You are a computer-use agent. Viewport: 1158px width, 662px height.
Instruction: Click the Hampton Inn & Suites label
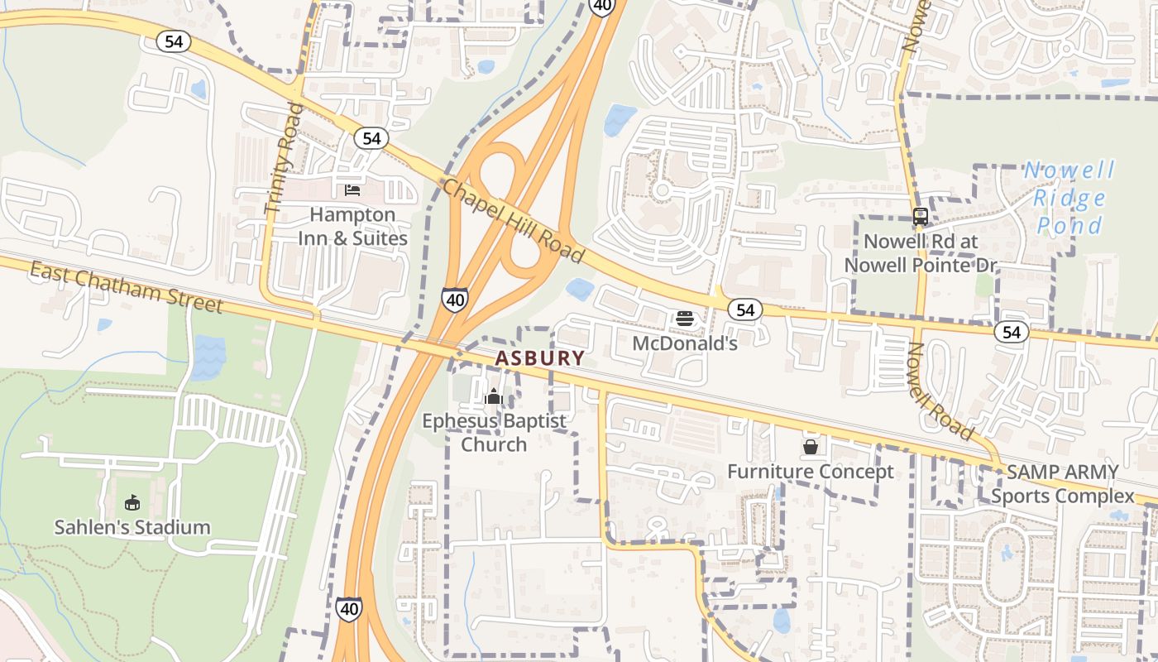click(x=358, y=227)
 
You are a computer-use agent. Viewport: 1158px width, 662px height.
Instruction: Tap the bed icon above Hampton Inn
click(x=352, y=190)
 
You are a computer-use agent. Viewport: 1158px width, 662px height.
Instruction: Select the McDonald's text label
click(x=685, y=343)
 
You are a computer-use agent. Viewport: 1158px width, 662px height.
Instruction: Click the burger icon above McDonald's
click(x=684, y=318)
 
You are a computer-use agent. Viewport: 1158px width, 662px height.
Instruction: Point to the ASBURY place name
click(x=540, y=358)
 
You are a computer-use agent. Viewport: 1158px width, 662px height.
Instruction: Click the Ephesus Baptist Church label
click(x=494, y=433)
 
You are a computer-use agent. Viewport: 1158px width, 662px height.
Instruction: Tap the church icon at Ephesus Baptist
click(x=494, y=397)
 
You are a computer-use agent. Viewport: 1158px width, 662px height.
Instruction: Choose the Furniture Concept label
click(x=811, y=472)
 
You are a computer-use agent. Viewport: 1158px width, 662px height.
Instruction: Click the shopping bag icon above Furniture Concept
click(x=811, y=447)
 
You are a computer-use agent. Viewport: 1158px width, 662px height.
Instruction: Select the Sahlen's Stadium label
click(x=132, y=527)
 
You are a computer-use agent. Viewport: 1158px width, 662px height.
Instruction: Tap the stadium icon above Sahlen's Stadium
click(x=132, y=502)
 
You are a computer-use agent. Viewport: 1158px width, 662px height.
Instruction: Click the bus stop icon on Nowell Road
click(x=920, y=217)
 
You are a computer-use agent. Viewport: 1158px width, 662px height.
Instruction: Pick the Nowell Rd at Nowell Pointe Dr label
click(x=930, y=253)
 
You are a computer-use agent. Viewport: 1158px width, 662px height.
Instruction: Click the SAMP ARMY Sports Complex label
click(x=1062, y=484)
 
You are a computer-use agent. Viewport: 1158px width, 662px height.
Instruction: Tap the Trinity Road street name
click(x=280, y=159)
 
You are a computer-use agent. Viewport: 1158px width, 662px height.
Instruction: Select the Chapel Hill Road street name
click(x=513, y=222)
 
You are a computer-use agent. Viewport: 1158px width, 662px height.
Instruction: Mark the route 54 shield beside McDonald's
click(x=745, y=309)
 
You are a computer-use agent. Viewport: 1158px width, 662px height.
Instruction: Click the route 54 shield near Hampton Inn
click(x=371, y=138)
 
